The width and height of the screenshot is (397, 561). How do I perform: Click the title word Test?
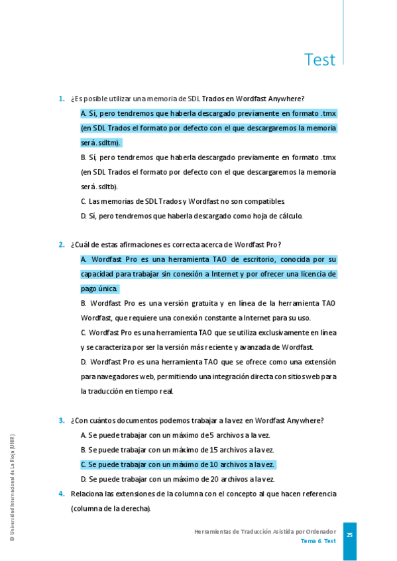(319, 60)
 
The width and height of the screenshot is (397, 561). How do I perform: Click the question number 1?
(62, 99)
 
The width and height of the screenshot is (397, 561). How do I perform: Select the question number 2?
(62, 244)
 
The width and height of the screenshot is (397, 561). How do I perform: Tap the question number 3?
(62, 420)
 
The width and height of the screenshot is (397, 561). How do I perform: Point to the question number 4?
(62, 494)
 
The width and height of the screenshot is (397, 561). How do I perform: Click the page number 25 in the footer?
(349, 535)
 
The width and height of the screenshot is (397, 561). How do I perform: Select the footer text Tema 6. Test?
(317, 541)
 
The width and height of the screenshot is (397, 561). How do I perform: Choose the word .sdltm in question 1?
(108, 142)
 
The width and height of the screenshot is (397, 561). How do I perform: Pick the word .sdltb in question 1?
(107, 187)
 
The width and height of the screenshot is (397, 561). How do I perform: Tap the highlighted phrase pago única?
(99, 288)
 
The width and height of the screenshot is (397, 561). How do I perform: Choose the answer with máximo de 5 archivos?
(175, 435)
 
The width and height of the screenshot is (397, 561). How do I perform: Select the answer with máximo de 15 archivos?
(177, 450)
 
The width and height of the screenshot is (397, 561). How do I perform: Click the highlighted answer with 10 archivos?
(177, 464)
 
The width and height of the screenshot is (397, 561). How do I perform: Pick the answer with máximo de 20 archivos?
(177, 479)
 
